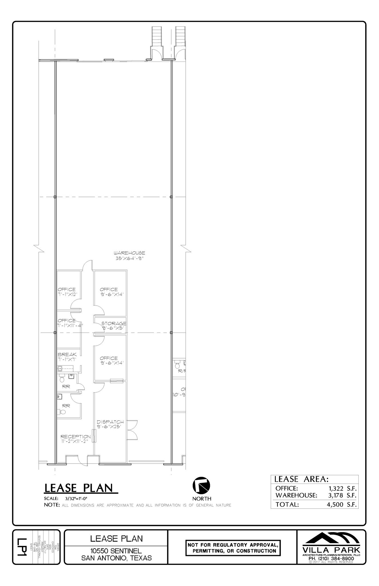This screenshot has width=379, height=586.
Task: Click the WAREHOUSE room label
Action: (129, 253)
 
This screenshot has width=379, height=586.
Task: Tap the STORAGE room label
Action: (114, 324)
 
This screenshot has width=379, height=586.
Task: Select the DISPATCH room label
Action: (110, 422)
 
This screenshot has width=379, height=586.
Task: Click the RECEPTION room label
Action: (76, 436)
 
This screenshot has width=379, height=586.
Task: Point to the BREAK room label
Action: (67, 355)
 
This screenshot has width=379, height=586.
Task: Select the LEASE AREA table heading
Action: (301, 479)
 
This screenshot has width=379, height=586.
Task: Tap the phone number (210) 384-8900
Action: (332, 558)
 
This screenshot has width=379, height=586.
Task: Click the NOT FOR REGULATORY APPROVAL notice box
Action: (233, 548)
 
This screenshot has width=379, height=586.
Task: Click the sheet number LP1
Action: (21, 547)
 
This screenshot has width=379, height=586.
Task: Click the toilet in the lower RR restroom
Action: (62, 412)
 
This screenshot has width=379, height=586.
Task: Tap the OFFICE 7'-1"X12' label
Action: (67, 292)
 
